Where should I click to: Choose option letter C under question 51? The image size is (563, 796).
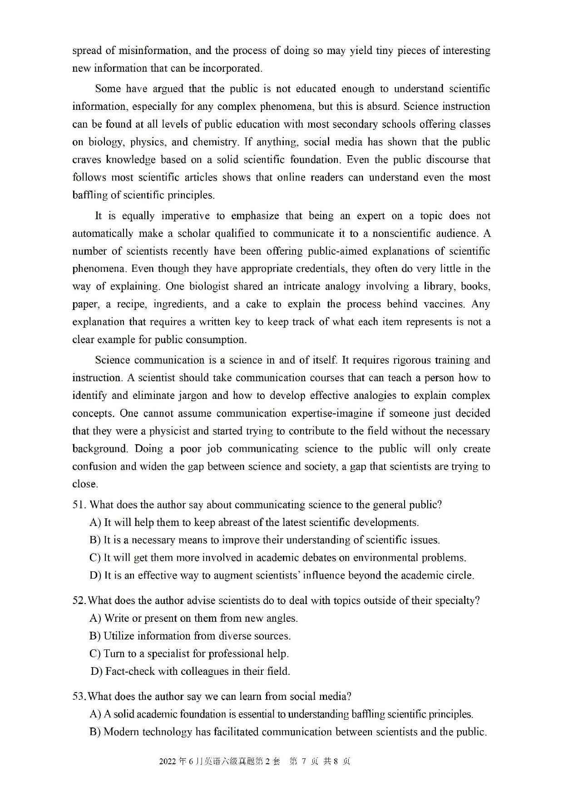pyautogui.click(x=95, y=558)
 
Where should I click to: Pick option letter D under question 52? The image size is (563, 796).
pyautogui.click(x=96, y=671)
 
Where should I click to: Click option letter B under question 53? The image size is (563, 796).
pyautogui.click(x=95, y=732)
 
